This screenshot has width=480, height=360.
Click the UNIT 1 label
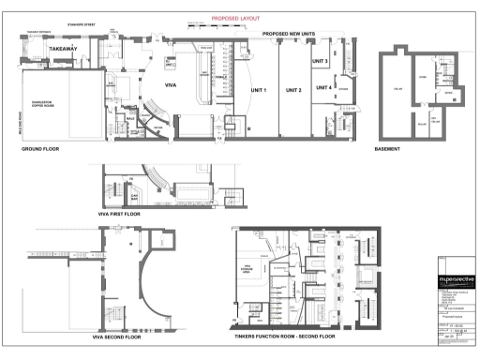pyautogui.click(x=258, y=91)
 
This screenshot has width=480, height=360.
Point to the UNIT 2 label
pyautogui.click(x=293, y=91)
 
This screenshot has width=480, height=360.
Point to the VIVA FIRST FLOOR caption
pyautogui.click(x=120, y=215)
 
